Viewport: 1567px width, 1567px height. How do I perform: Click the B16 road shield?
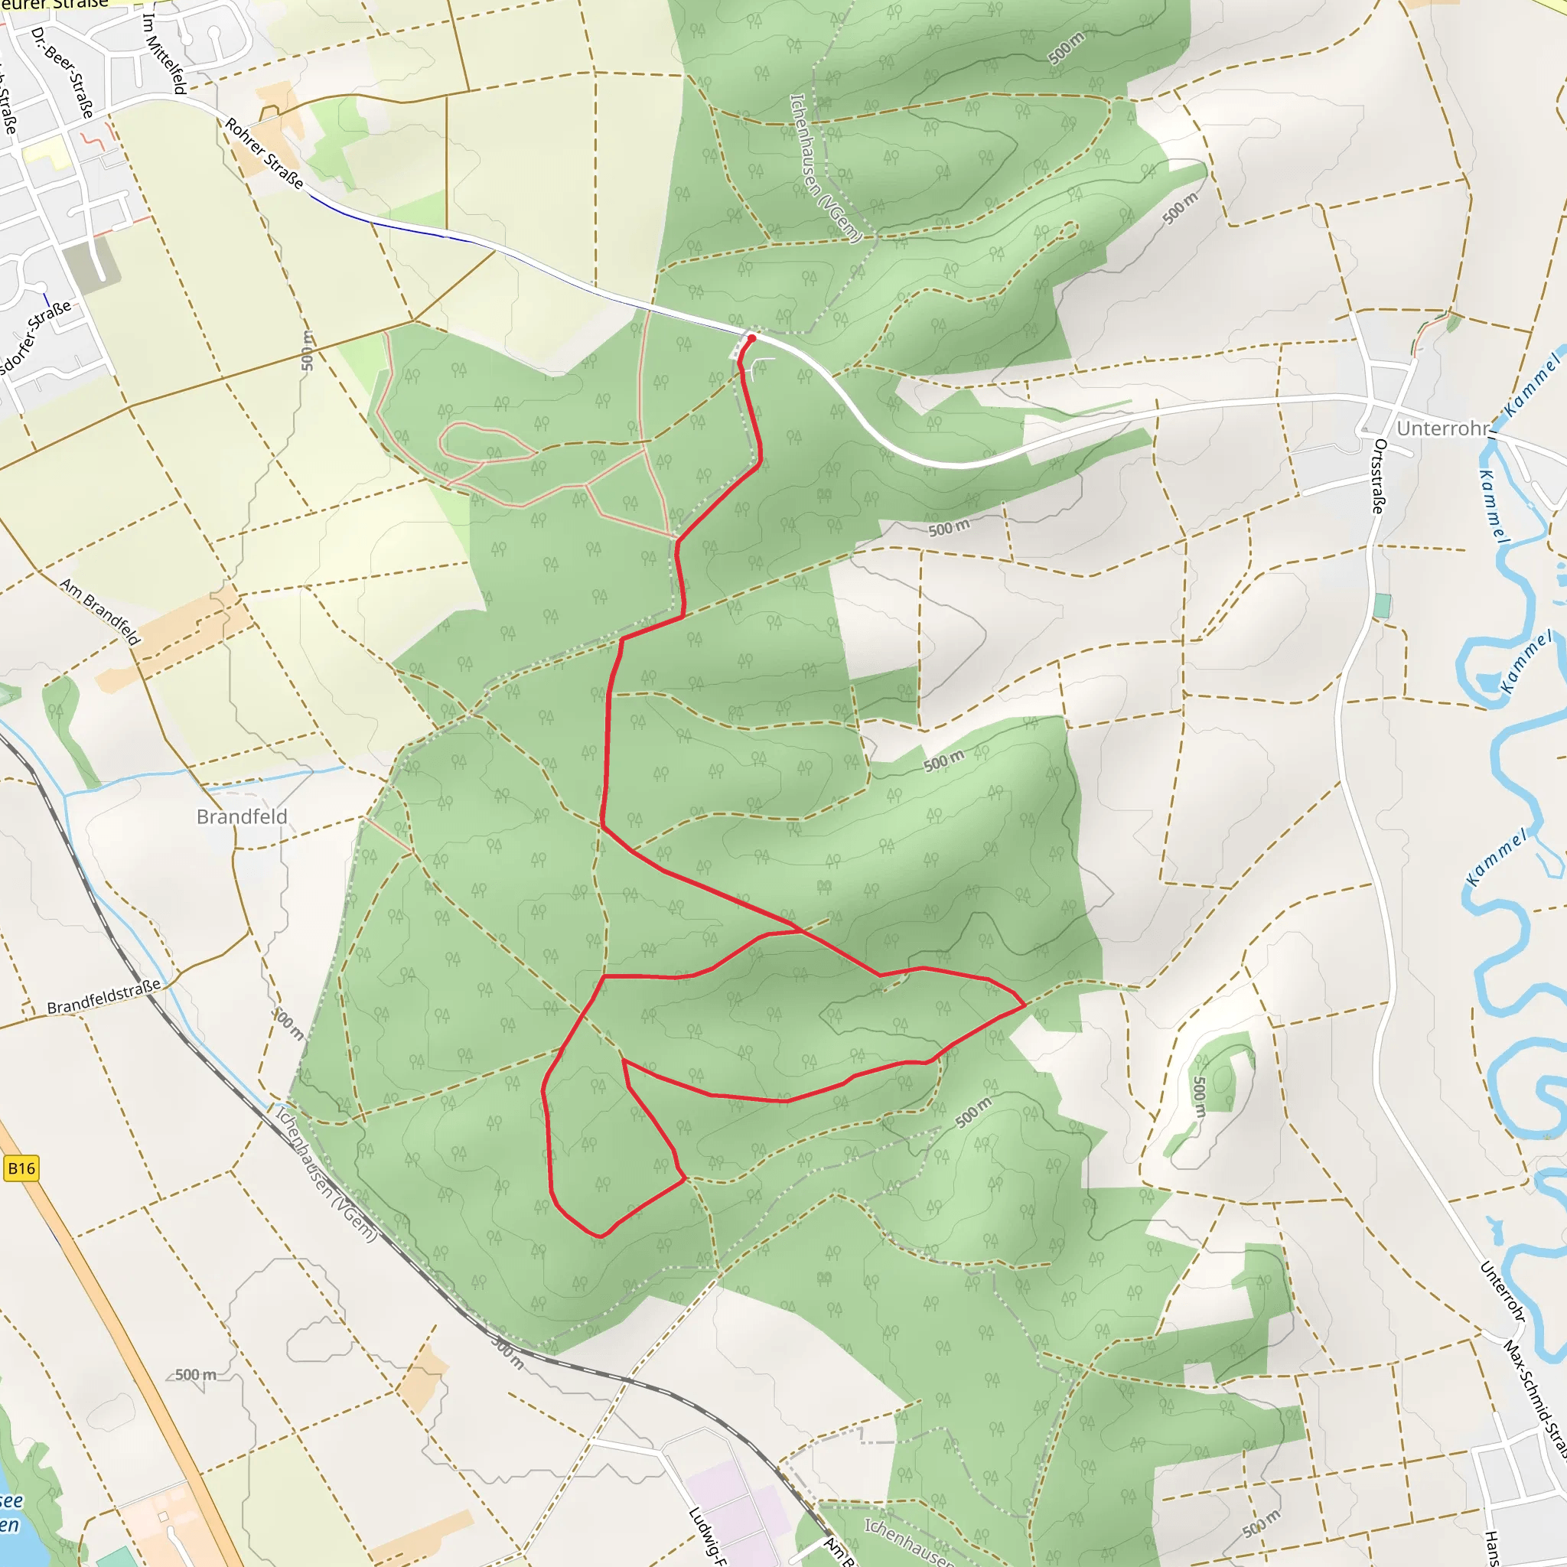point(21,1168)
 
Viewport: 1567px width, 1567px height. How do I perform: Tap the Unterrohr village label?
point(1443,428)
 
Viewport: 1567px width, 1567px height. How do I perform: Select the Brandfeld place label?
point(242,816)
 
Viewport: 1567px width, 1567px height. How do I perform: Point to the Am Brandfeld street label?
point(99,611)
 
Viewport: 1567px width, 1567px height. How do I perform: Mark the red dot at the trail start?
point(752,338)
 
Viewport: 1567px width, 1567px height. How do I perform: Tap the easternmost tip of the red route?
point(1025,1004)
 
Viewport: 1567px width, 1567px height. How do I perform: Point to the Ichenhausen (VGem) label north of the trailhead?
point(825,168)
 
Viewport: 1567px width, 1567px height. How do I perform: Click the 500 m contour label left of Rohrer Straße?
point(307,350)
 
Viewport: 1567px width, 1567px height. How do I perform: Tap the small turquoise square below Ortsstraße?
point(1382,605)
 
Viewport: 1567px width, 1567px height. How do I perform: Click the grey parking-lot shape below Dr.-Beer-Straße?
point(91,262)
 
